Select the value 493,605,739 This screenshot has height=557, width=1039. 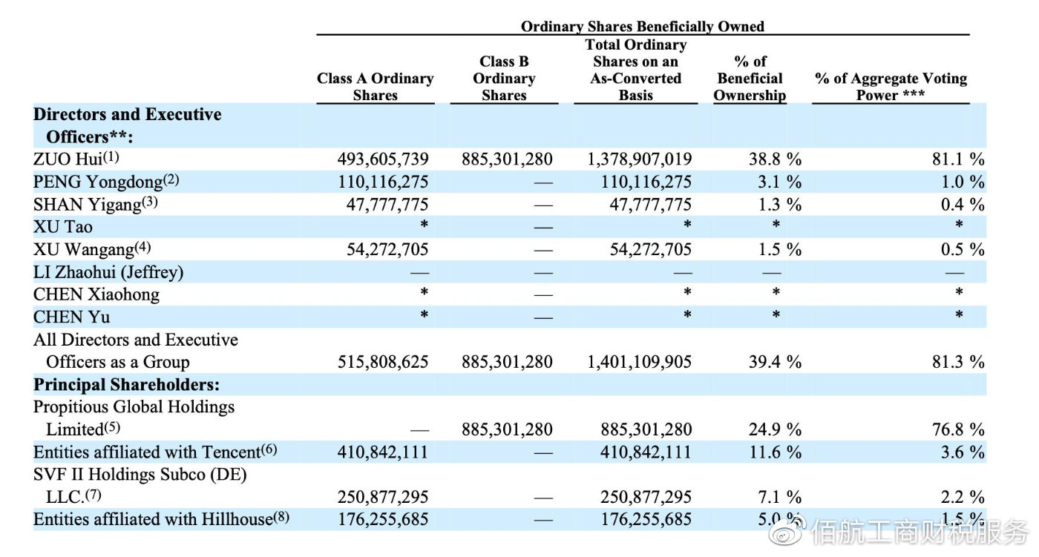click(383, 159)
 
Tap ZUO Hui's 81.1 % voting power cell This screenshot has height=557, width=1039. click(958, 159)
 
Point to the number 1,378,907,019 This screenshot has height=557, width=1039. click(639, 159)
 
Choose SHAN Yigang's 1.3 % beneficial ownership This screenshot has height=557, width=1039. click(779, 205)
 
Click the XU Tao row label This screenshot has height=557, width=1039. click(62, 227)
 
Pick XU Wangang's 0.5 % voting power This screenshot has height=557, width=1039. click(962, 249)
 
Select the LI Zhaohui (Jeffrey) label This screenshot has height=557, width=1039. click(108, 272)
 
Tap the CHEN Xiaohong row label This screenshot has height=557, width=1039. click(96, 294)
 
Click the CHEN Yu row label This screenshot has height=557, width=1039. click(71, 317)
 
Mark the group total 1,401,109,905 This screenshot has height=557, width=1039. click(639, 361)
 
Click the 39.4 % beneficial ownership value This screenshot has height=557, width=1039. click(775, 361)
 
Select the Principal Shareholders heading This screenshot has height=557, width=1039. click(126, 385)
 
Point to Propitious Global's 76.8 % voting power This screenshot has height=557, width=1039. click(958, 429)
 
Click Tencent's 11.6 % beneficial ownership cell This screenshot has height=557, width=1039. click(775, 452)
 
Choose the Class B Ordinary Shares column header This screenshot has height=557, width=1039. click(504, 79)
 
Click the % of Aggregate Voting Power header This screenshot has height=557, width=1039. click(891, 87)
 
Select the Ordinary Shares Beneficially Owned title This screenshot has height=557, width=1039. click(643, 26)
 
